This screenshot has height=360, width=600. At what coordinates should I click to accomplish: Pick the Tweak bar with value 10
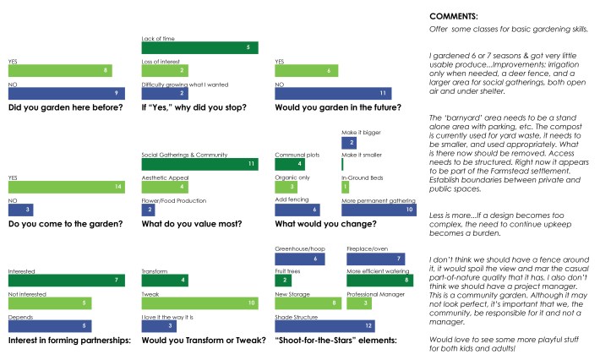click(199, 303)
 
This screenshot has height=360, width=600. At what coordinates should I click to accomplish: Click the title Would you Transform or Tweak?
click(196, 341)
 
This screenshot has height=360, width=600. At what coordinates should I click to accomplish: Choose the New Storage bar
click(308, 303)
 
